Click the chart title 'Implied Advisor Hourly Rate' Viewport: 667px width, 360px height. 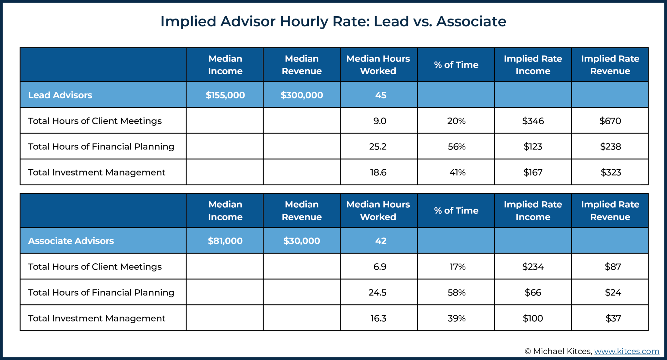pos(333,21)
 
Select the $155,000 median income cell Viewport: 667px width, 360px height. pos(225,95)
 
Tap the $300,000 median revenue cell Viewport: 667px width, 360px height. pos(302,95)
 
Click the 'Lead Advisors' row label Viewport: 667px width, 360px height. pos(60,95)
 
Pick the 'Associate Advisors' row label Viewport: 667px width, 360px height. pos(71,241)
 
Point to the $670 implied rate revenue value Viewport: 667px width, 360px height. pos(610,121)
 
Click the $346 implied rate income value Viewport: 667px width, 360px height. pos(533,121)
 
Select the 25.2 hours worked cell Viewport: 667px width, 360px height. pos(378,146)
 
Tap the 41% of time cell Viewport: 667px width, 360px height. pos(457,172)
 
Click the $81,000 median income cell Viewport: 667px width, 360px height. pos(225,241)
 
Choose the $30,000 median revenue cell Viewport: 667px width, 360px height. pos(302,241)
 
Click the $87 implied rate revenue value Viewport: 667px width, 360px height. pos(613,267)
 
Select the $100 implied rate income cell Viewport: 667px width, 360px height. pos(533,318)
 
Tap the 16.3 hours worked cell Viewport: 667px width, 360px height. pos(378,318)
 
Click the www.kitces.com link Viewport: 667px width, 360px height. pos(626,351)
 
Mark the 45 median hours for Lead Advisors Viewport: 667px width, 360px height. pos(380,95)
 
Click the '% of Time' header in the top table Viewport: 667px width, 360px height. pos(456,65)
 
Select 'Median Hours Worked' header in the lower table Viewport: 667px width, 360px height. pos(378,211)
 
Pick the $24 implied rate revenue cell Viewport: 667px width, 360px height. pos(613,292)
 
